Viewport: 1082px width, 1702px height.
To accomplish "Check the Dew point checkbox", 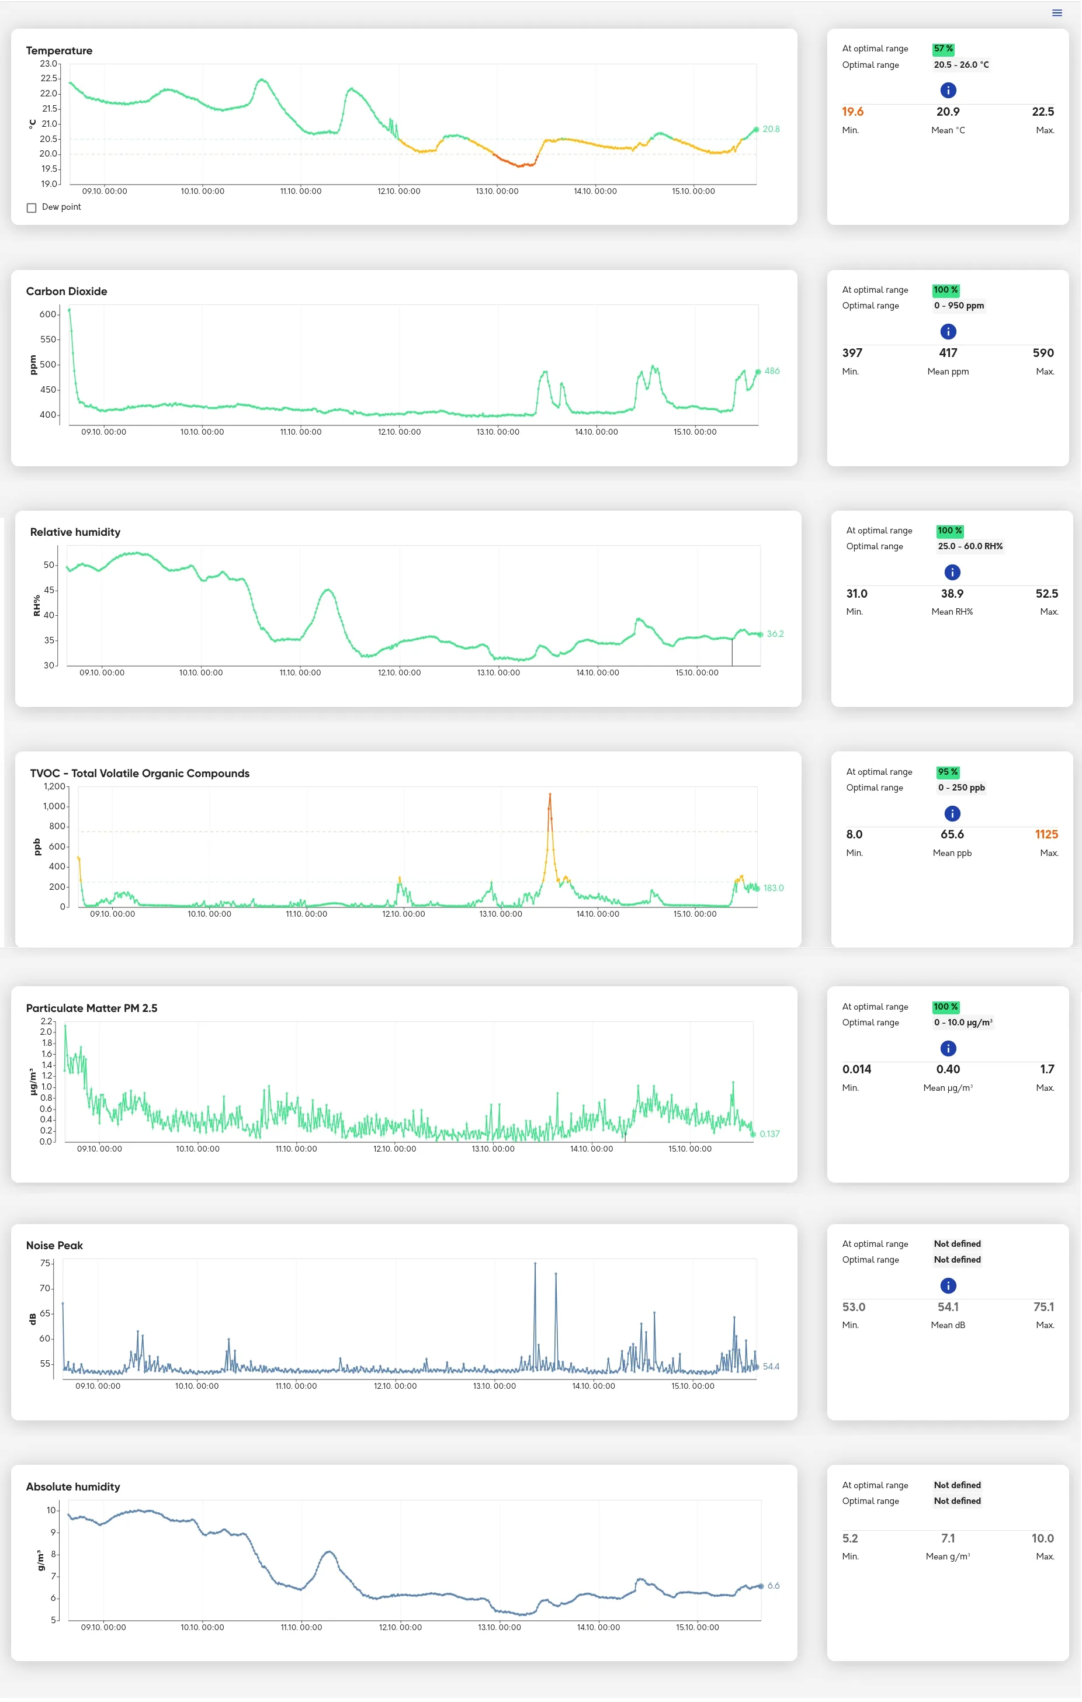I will point(32,208).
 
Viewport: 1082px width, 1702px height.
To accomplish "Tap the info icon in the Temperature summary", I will point(948,91).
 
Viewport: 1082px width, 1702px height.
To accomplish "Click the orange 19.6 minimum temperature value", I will point(852,112).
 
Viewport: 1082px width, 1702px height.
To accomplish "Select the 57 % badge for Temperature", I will point(943,48).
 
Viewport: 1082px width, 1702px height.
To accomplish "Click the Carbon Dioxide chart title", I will point(67,291).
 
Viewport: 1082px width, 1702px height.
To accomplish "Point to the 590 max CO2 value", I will point(1042,353).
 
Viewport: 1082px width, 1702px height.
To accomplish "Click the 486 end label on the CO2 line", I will point(772,371).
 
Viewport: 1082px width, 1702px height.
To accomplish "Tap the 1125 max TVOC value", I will point(1046,835).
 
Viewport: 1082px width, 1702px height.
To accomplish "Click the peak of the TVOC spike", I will point(550,795).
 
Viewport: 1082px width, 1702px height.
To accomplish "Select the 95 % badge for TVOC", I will point(948,772).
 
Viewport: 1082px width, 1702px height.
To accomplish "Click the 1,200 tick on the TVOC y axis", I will point(54,786).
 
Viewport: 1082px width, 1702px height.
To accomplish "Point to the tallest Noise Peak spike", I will point(535,1263).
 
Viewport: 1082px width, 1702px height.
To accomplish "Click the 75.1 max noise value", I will point(1043,1307).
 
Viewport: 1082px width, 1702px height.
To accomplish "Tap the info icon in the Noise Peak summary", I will point(948,1285).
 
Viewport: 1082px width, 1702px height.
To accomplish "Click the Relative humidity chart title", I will point(75,532).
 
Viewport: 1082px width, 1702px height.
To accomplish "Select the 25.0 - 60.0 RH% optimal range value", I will point(970,546).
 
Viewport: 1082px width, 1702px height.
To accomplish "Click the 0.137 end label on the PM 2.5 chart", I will point(769,1133).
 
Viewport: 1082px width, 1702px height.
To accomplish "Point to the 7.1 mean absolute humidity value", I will point(948,1539).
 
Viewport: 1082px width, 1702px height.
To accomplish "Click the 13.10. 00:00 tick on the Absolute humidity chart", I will point(499,1628).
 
